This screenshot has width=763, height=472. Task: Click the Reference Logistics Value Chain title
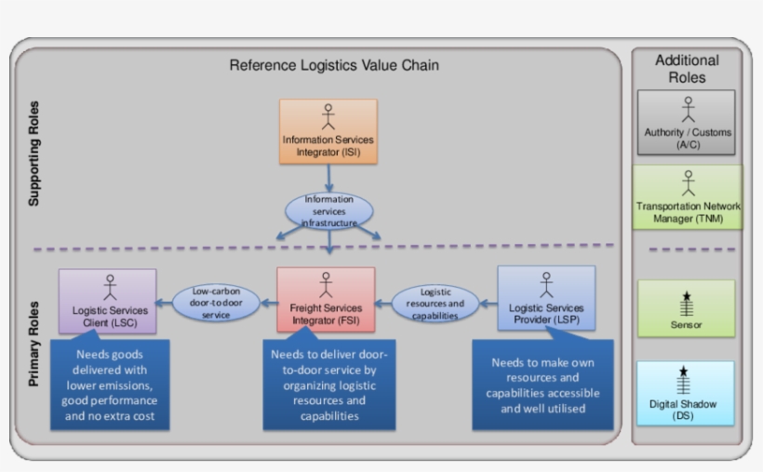(x=334, y=65)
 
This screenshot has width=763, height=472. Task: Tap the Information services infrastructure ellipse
(x=328, y=210)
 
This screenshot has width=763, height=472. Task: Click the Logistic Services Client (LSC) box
(x=106, y=300)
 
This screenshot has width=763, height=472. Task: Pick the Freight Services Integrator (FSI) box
(x=326, y=300)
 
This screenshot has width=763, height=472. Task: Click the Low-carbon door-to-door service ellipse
(x=215, y=303)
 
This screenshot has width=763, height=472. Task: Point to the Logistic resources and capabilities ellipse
(x=435, y=303)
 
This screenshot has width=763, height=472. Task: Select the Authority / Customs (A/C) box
(x=687, y=122)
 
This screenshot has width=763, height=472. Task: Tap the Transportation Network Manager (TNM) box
(x=688, y=197)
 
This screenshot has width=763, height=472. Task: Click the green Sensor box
(x=686, y=308)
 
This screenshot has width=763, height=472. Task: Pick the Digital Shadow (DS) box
(x=686, y=394)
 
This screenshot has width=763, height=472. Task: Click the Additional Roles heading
(x=687, y=69)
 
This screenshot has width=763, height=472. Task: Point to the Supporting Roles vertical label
(x=34, y=153)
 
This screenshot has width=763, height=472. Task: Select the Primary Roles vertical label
(x=34, y=344)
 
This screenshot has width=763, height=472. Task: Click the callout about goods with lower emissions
(x=110, y=384)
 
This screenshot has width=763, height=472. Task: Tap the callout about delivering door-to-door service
(x=329, y=384)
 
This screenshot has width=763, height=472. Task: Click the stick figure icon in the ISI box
(x=328, y=115)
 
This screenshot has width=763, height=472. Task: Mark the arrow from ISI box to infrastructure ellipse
(x=328, y=178)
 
